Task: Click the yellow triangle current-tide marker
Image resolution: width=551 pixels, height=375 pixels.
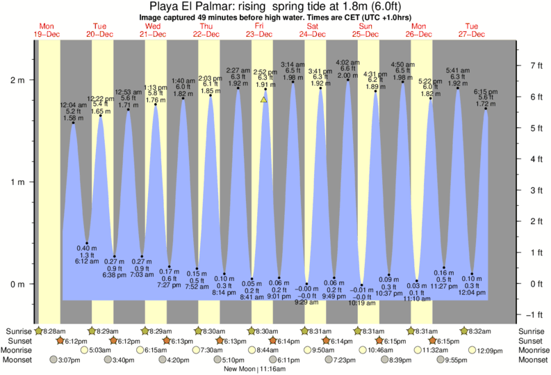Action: click(264, 99)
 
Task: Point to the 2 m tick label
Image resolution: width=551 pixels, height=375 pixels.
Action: click(17, 80)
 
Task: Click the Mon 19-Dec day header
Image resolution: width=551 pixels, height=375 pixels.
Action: click(47, 30)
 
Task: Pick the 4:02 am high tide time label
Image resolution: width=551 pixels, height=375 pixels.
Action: click(347, 63)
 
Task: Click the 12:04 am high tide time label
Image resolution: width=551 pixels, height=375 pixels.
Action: click(73, 104)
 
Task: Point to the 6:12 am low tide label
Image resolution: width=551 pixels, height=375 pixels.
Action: click(87, 262)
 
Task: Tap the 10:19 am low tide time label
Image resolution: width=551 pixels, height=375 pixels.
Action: click(362, 303)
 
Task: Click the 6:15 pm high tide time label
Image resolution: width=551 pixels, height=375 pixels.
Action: click(486, 91)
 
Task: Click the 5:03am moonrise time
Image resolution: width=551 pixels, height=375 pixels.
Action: click(99, 350)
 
